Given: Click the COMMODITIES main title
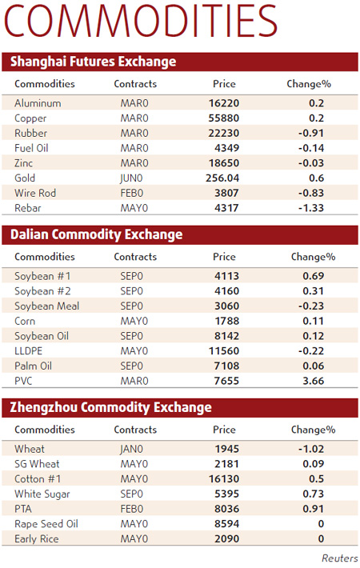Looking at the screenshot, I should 141,22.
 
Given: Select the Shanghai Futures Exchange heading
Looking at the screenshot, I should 93,62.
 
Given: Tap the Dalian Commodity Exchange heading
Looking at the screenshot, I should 96,234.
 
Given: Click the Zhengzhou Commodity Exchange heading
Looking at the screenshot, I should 110,407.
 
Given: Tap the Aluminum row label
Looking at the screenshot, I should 38,103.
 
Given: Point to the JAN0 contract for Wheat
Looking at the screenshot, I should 133,449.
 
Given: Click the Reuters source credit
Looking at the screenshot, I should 339,558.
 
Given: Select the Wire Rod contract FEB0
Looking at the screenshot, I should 132,193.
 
